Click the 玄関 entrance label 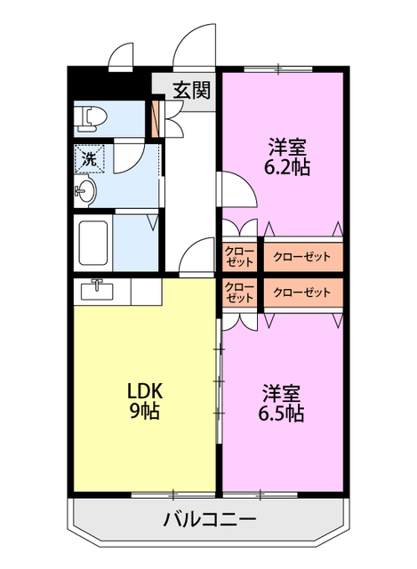(191, 90)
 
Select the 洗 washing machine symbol (89, 158)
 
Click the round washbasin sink (85, 191)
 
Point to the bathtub (92, 243)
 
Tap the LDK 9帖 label (144, 401)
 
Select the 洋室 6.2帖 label (286, 156)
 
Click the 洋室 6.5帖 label (281, 403)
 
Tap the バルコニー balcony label (210, 519)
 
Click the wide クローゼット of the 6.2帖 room (302, 257)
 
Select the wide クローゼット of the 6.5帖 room (302, 293)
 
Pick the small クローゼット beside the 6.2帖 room (239, 257)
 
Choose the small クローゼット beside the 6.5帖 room (239, 293)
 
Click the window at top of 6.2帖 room (278, 69)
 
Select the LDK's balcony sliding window (173, 494)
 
